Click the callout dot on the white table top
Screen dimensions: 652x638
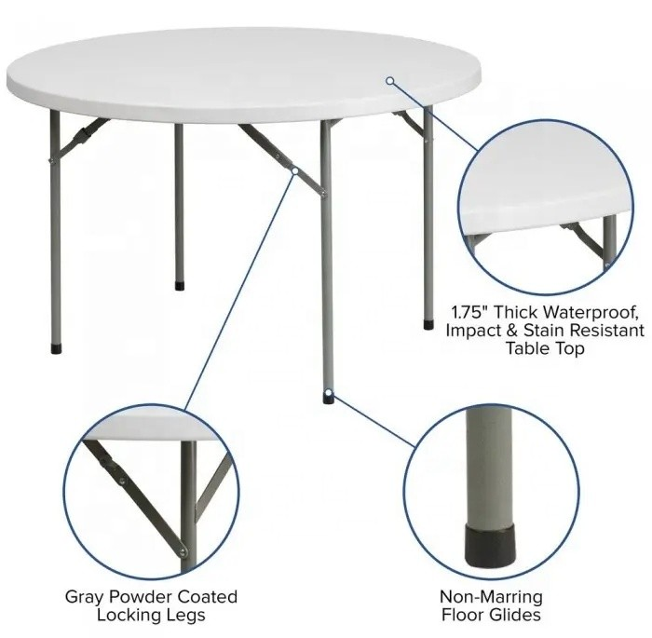(x=389, y=81)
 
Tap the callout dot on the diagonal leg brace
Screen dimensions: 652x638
(x=295, y=170)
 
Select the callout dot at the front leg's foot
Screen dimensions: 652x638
(x=329, y=392)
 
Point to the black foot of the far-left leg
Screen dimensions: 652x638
(x=56, y=348)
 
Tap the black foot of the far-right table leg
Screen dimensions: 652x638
(x=428, y=324)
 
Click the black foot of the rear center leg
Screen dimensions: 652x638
(x=180, y=286)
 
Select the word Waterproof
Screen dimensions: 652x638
(x=591, y=312)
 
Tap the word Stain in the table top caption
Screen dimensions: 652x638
(x=542, y=331)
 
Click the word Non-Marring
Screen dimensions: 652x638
(x=491, y=597)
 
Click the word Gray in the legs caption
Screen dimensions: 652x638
(x=87, y=598)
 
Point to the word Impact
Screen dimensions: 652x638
(x=473, y=331)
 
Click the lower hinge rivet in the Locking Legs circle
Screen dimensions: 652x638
(x=183, y=552)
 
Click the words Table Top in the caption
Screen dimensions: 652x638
(x=545, y=348)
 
